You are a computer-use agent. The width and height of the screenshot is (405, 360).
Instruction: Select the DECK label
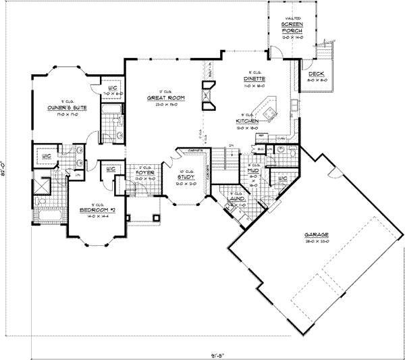pos(317,74)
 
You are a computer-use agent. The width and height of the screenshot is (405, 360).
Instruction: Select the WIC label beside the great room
pos(113,88)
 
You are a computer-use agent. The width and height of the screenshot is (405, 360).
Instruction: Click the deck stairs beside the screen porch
pos(330,57)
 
